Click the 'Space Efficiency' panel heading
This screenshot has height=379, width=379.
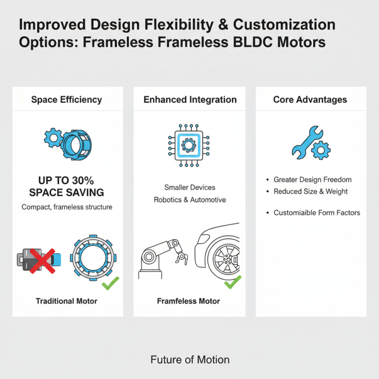66,99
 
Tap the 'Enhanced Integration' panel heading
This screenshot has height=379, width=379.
190,99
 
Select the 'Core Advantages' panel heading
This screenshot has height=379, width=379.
310,99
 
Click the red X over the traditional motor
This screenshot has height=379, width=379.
39,260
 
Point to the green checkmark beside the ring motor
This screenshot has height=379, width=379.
110,283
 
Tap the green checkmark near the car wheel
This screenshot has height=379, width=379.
232,283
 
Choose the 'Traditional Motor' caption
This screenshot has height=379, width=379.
66,301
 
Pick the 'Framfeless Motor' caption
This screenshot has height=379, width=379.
188,301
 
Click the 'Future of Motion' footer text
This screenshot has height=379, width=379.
190,360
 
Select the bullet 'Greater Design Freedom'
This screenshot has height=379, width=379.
312,180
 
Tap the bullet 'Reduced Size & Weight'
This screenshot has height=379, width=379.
310,191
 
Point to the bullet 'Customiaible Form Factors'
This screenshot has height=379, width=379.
316,213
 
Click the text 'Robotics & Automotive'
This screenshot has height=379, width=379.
189,199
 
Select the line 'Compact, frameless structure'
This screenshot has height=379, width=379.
67,207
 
